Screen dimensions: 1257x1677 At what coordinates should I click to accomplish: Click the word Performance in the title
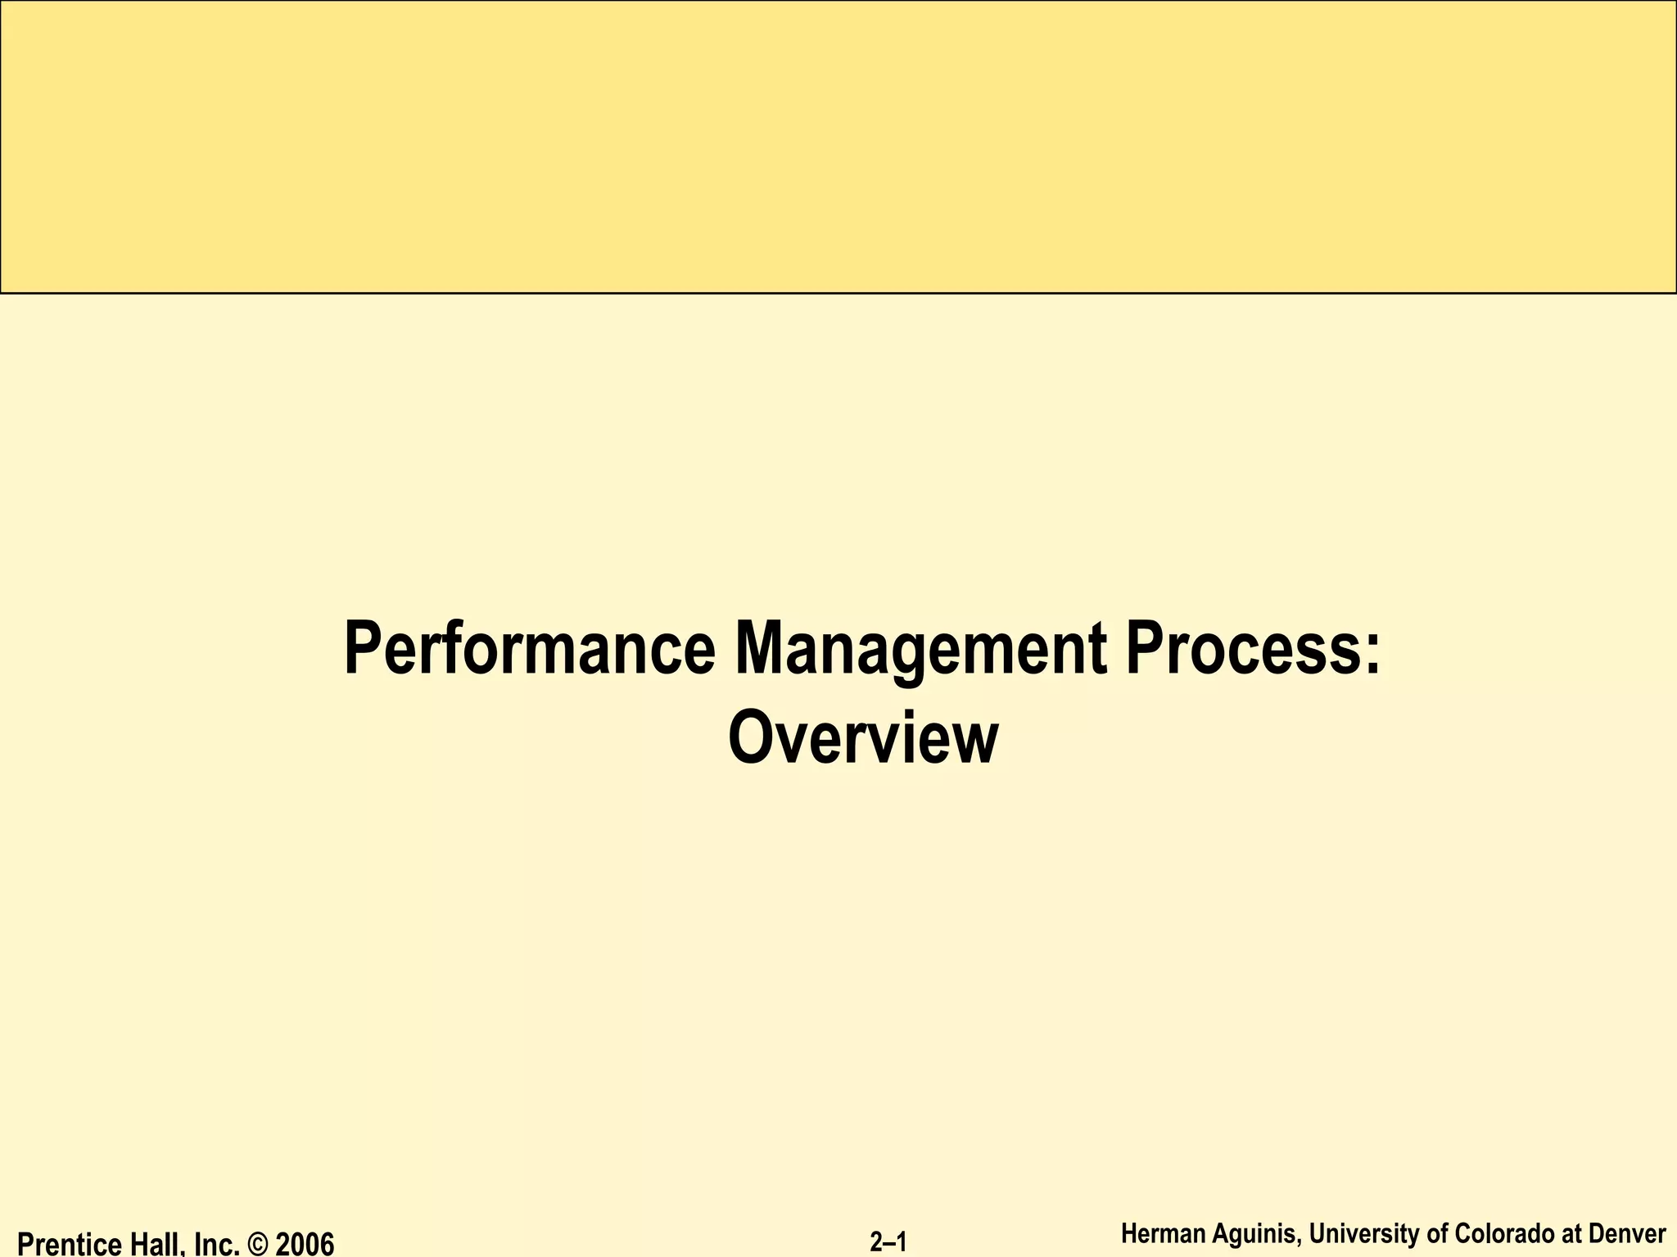530,649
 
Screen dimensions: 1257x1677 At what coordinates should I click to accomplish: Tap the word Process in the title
1241,649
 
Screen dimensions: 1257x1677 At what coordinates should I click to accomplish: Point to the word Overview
863,738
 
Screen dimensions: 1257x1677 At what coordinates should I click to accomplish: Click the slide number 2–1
888,1242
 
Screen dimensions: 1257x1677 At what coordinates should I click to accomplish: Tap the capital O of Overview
748,738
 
